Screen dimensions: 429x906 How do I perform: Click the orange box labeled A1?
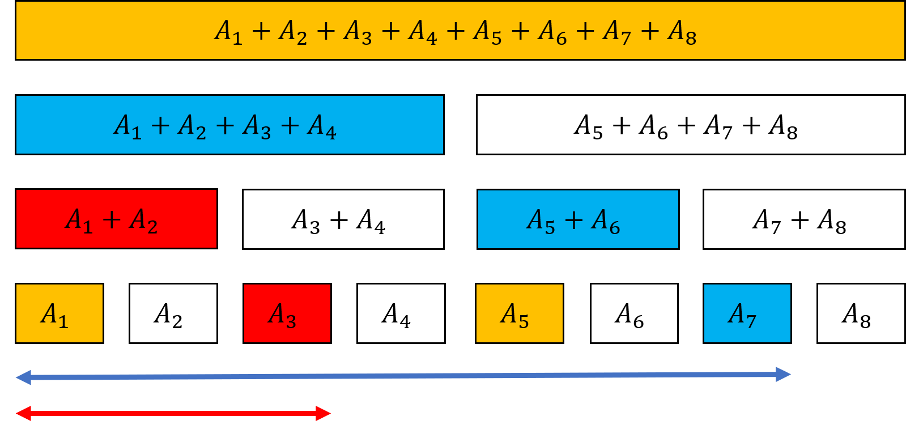[59, 313]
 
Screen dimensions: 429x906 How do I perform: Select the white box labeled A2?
[173, 313]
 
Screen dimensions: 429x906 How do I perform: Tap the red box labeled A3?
[287, 313]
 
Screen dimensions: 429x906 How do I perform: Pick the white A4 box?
[401, 313]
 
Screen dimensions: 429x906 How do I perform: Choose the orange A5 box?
[520, 313]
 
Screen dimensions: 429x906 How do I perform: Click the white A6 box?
[634, 313]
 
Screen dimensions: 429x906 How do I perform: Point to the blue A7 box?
[747, 313]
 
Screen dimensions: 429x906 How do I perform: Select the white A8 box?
[861, 313]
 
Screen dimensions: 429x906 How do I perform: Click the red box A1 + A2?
[116, 219]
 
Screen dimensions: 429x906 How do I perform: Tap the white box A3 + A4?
[343, 219]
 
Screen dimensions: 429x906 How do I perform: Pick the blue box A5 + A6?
[578, 219]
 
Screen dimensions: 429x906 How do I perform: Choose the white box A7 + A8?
[804, 219]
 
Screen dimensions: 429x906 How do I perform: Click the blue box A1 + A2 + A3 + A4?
[229, 125]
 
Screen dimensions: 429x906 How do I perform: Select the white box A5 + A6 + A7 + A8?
[691, 125]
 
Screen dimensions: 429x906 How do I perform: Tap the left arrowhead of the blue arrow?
[23, 377]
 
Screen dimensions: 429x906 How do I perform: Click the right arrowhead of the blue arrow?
[784, 374]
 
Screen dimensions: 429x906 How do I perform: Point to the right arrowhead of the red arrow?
[324, 414]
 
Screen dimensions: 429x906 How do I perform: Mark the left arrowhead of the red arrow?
[23, 414]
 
